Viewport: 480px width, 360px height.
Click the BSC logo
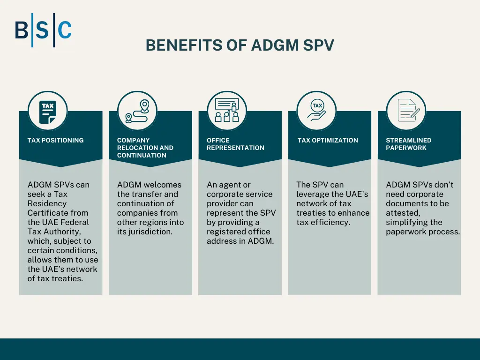coord(43,30)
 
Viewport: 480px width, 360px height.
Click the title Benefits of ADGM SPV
coord(240,45)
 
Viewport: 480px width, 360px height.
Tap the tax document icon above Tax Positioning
coord(48,111)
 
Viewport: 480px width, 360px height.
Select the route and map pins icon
coord(137,111)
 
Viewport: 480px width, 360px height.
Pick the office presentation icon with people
coord(227,111)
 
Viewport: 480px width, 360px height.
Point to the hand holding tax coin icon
coord(317,111)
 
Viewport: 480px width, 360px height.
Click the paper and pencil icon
coord(406,111)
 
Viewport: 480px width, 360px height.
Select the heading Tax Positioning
coord(55,140)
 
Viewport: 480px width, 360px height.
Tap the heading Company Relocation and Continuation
coord(145,148)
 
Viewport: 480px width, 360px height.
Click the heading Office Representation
coord(235,144)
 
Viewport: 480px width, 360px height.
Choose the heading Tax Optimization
coord(328,140)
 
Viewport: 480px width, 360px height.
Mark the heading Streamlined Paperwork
coord(408,144)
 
